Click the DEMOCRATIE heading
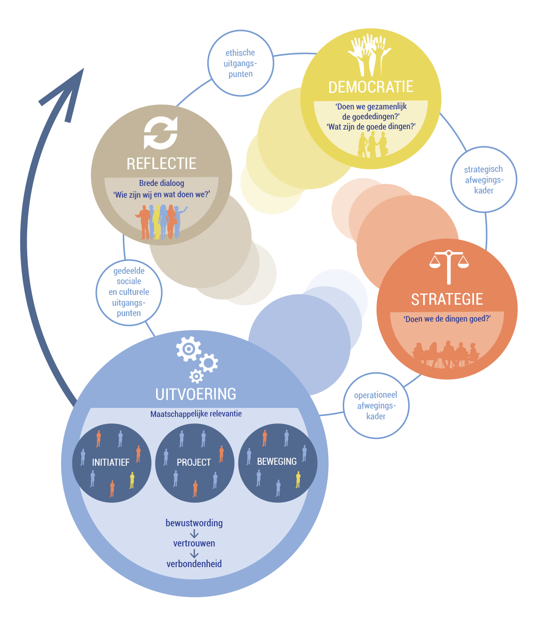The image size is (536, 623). (370, 87)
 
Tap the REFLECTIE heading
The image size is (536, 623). (161, 164)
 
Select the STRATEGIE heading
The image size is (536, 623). (447, 300)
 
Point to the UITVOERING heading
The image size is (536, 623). (196, 394)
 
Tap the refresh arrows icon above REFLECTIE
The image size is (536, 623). (161, 133)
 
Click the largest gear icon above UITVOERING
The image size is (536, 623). (188, 349)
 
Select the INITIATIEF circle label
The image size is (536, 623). (110, 462)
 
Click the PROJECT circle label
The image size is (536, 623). (194, 462)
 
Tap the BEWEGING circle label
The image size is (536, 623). (277, 461)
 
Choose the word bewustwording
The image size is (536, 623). (194, 523)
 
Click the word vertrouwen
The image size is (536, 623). (194, 544)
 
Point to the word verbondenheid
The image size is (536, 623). (194, 564)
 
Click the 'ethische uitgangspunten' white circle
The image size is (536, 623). (240, 63)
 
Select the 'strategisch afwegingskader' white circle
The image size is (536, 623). (484, 180)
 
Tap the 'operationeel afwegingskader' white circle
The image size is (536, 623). (376, 406)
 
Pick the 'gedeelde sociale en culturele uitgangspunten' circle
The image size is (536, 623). (129, 292)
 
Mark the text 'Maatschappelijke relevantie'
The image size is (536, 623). (196, 414)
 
